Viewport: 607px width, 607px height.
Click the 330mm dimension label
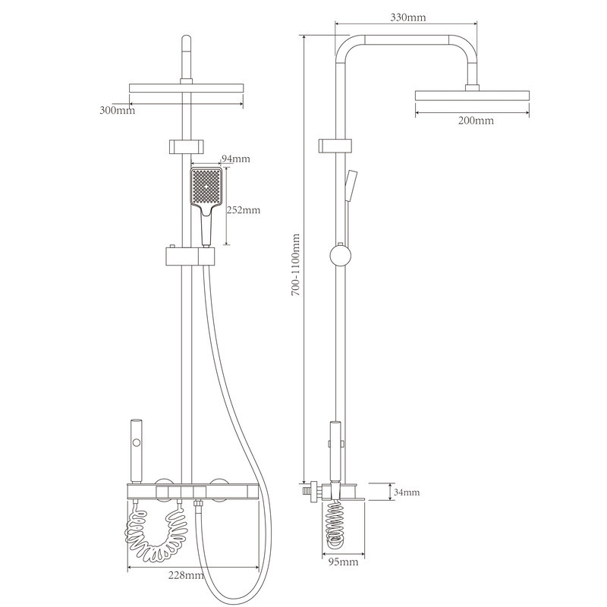(x=407, y=17)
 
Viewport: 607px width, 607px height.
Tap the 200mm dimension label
(x=476, y=121)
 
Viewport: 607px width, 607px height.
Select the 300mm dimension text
(x=118, y=110)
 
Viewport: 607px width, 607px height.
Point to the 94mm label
(x=235, y=159)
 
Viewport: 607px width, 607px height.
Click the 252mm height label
(x=243, y=210)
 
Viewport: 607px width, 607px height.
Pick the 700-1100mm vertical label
(x=296, y=264)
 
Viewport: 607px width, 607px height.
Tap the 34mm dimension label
(x=407, y=492)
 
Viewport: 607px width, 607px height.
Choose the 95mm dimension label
(x=344, y=561)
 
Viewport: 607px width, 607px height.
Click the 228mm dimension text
(x=186, y=575)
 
